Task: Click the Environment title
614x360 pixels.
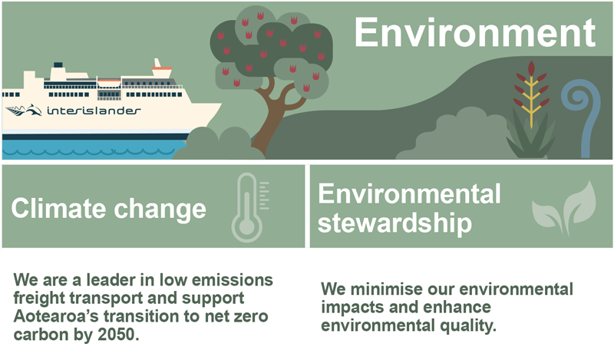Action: (x=474, y=32)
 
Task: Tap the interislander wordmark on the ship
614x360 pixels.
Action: (x=94, y=111)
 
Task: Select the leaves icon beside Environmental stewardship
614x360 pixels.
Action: (x=564, y=208)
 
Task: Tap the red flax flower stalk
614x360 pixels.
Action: (x=531, y=94)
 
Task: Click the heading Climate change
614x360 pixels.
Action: (x=108, y=208)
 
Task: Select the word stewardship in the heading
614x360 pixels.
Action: (x=394, y=223)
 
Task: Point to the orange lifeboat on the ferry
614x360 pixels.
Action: (x=109, y=83)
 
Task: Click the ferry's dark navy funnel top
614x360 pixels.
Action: (x=58, y=64)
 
